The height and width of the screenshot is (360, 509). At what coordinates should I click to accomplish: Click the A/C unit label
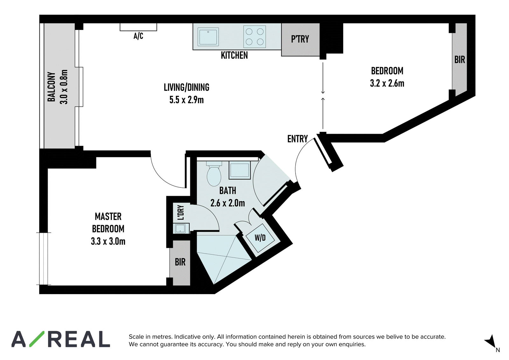tap(138, 36)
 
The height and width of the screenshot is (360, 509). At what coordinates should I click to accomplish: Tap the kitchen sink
tap(208, 37)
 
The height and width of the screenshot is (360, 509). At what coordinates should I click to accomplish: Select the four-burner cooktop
tap(254, 37)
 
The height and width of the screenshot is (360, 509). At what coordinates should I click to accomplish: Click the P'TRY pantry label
tap(300, 39)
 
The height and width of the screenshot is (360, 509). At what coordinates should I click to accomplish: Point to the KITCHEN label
tap(234, 55)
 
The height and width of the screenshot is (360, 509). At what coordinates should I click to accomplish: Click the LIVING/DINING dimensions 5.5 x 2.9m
tap(186, 100)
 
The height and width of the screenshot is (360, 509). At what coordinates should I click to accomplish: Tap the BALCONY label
tap(51, 87)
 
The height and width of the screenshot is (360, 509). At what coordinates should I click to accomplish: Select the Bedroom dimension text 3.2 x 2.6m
tap(387, 83)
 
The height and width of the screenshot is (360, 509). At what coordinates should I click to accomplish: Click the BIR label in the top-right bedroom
tap(459, 60)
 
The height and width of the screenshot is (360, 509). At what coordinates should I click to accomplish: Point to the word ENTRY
tap(297, 139)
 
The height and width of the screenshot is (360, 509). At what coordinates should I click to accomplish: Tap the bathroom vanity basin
tap(239, 170)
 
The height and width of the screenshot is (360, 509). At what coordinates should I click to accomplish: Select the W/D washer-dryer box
tap(260, 238)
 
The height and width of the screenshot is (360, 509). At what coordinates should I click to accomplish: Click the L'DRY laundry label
tap(181, 213)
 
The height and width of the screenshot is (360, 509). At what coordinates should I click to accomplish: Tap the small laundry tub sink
tap(181, 229)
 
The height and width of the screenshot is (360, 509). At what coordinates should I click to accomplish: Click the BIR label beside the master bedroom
tap(180, 262)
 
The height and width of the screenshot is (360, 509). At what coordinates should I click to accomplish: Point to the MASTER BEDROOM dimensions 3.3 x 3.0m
tap(108, 241)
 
